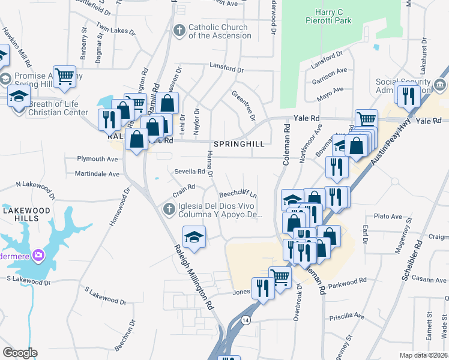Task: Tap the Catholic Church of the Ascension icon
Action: [x=179, y=31]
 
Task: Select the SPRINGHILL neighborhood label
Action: [x=238, y=145]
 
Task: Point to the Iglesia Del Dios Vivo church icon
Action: [x=169, y=208]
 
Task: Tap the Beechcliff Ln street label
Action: [x=238, y=194]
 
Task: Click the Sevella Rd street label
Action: [x=190, y=171]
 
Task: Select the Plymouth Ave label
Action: [x=97, y=159]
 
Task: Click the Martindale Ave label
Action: [x=97, y=173]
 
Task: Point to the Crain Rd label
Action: [x=184, y=187]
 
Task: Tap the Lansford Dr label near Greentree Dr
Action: [x=227, y=68]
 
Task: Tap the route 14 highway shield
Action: [x=246, y=320]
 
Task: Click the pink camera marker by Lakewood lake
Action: [x=39, y=256]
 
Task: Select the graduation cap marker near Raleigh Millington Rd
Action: [x=194, y=237]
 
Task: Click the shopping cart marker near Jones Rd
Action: [x=279, y=276]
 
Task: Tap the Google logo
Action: [x=20, y=353]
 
